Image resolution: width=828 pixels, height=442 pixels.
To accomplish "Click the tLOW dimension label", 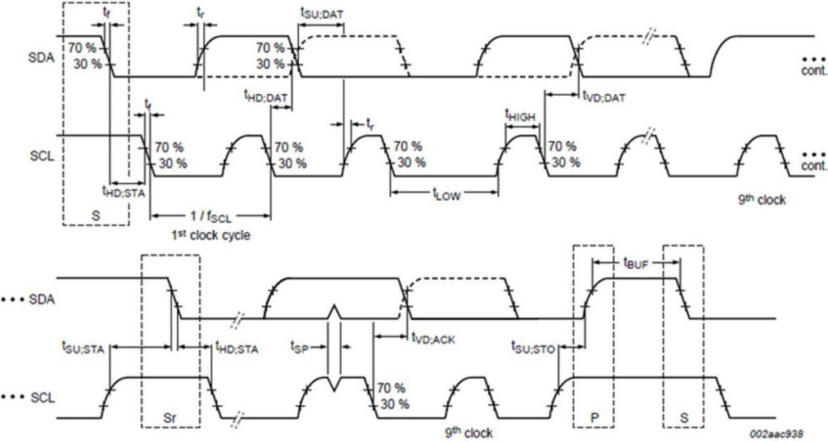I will coord(445,194).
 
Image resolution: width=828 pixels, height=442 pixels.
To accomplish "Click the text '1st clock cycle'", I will coord(211,235).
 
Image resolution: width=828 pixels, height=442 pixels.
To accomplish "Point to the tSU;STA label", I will coord(85,349).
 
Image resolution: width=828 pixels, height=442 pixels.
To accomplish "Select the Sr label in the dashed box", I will coord(171,416).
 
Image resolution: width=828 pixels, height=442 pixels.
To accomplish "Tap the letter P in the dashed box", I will coord(594,416).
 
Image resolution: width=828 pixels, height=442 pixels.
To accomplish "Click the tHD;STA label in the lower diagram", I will coord(237,349).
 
